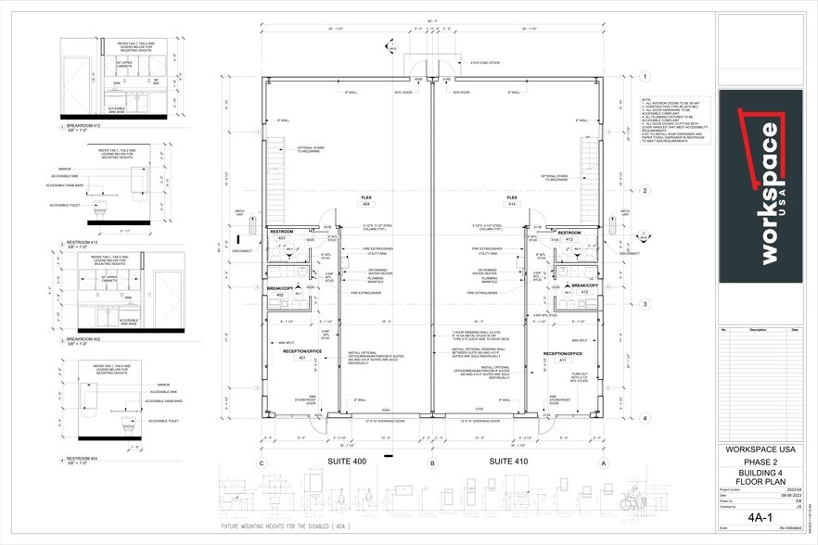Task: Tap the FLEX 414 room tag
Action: [511, 200]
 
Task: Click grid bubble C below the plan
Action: [262, 462]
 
